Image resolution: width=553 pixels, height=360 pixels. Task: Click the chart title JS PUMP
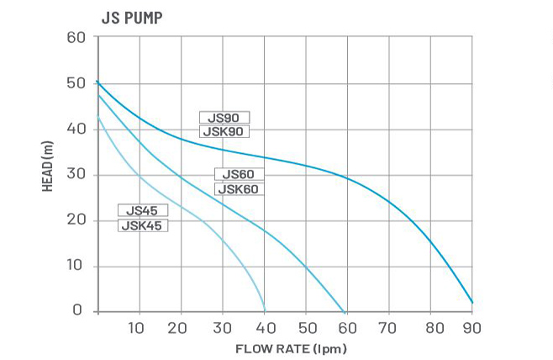tap(132, 18)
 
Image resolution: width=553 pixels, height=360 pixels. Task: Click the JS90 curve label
tap(224, 118)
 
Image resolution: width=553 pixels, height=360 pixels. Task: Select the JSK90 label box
tap(224, 131)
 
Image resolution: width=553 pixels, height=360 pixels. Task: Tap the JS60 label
tap(240, 175)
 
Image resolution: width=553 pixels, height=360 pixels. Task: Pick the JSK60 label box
tap(240, 189)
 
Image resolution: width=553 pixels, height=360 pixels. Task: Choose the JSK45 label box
tap(142, 225)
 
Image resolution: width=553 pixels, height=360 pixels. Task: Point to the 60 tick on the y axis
tap(76, 38)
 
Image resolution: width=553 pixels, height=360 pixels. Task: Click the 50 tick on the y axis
tap(76, 83)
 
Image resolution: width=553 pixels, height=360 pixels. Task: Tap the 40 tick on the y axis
tap(76, 129)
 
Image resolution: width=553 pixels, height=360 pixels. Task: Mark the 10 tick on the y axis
tap(76, 266)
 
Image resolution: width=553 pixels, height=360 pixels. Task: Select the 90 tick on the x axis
tap(471, 328)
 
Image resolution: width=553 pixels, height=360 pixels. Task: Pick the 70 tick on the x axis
tap(388, 328)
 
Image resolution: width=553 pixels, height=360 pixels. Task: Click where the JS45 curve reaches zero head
tap(265, 310)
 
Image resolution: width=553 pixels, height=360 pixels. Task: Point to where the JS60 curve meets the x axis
tap(345, 310)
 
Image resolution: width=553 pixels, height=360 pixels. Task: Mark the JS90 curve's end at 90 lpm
tap(472, 302)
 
